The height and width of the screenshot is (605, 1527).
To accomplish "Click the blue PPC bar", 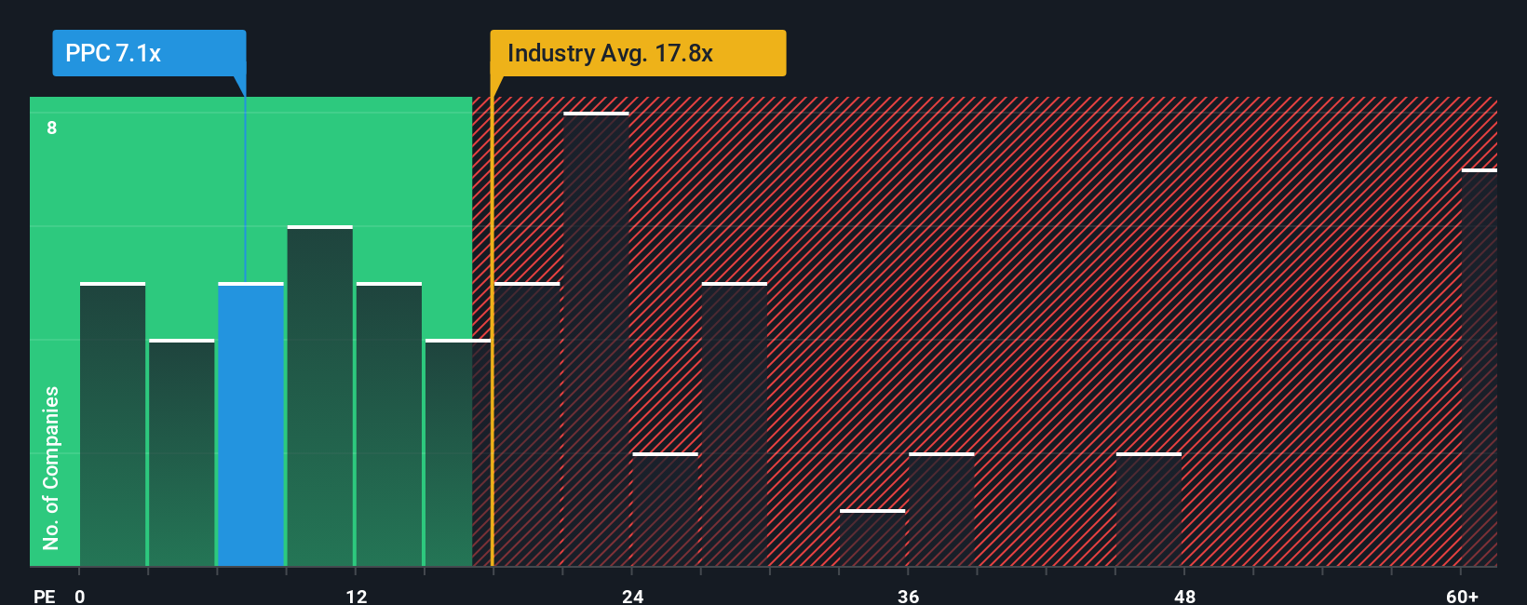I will [x=250, y=424].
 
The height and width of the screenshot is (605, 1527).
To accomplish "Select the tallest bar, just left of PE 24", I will [x=596, y=340].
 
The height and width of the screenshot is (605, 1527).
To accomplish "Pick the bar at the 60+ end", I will [x=1479, y=368].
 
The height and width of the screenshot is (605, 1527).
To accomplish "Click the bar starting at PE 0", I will [x=113, y=424].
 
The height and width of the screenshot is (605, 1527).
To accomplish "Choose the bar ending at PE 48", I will [x=1149, y=509].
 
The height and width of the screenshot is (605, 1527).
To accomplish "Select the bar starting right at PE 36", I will [x=941, y=509].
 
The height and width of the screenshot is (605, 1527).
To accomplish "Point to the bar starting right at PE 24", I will [x=665, y=509].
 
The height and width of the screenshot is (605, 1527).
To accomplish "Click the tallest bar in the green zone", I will [x=319, y=397].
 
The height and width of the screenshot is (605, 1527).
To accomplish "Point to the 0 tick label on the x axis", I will [x=80, y=596].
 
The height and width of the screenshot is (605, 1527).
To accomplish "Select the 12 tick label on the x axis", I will [x=357, y=596].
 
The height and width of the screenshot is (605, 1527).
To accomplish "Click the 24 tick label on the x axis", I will [x=633, y=596].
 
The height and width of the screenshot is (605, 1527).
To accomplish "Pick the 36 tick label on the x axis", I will [x=909, y=596].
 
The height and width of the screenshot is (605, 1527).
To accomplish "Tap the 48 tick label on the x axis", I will [x=1184, y=596].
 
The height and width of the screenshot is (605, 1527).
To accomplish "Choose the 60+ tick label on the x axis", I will [x=1462, y=596].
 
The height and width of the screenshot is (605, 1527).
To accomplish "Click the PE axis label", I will [x=44, y=596].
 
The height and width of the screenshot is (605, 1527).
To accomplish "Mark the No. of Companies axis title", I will [x=51, y=467].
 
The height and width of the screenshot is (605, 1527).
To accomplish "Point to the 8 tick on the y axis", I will [x=52, y=128].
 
